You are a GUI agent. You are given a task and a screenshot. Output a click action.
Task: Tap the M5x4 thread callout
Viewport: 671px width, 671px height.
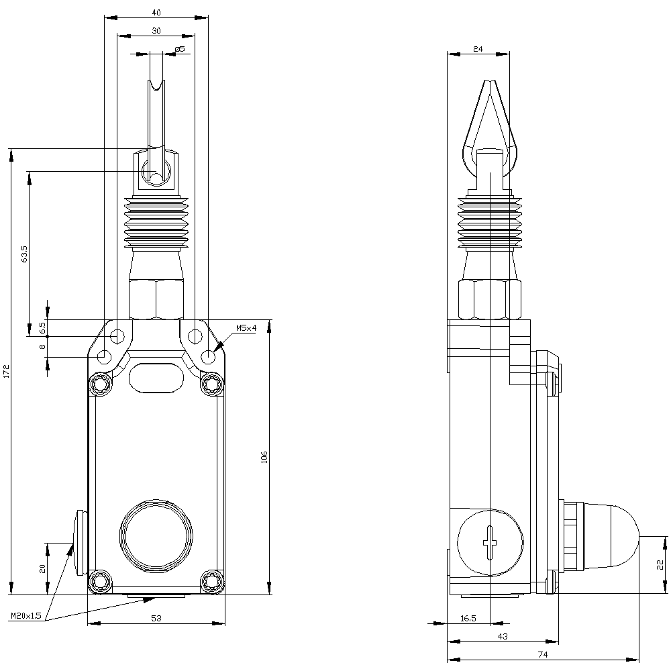point(246,328)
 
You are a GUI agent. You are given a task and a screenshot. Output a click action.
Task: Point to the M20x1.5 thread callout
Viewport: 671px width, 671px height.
point(26,615)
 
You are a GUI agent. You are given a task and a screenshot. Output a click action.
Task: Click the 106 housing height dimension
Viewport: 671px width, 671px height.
point(264,457)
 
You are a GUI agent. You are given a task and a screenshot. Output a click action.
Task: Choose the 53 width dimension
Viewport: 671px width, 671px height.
point(156,617)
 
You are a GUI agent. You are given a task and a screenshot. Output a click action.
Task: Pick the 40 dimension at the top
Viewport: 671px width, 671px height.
point(156,12)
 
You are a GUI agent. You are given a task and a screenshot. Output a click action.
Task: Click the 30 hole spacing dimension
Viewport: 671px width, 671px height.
point(156,30)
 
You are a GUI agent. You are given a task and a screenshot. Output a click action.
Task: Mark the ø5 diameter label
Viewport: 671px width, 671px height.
point(179,49)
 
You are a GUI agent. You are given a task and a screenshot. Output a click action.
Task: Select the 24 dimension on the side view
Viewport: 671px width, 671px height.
point(478,49)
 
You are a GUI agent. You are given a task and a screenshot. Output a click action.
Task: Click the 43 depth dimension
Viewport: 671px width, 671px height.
point(503,636)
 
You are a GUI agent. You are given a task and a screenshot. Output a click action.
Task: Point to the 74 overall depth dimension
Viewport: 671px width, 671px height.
point(543,654)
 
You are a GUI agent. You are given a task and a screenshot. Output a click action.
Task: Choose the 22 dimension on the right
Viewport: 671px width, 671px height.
point(660,564)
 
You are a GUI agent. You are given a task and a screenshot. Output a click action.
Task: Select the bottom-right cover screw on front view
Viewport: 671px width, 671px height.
point(213,580)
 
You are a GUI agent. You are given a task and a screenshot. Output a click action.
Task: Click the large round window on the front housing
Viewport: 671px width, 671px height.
point(156,534)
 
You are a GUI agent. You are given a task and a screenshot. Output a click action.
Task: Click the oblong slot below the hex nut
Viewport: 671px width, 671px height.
point(156,377)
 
